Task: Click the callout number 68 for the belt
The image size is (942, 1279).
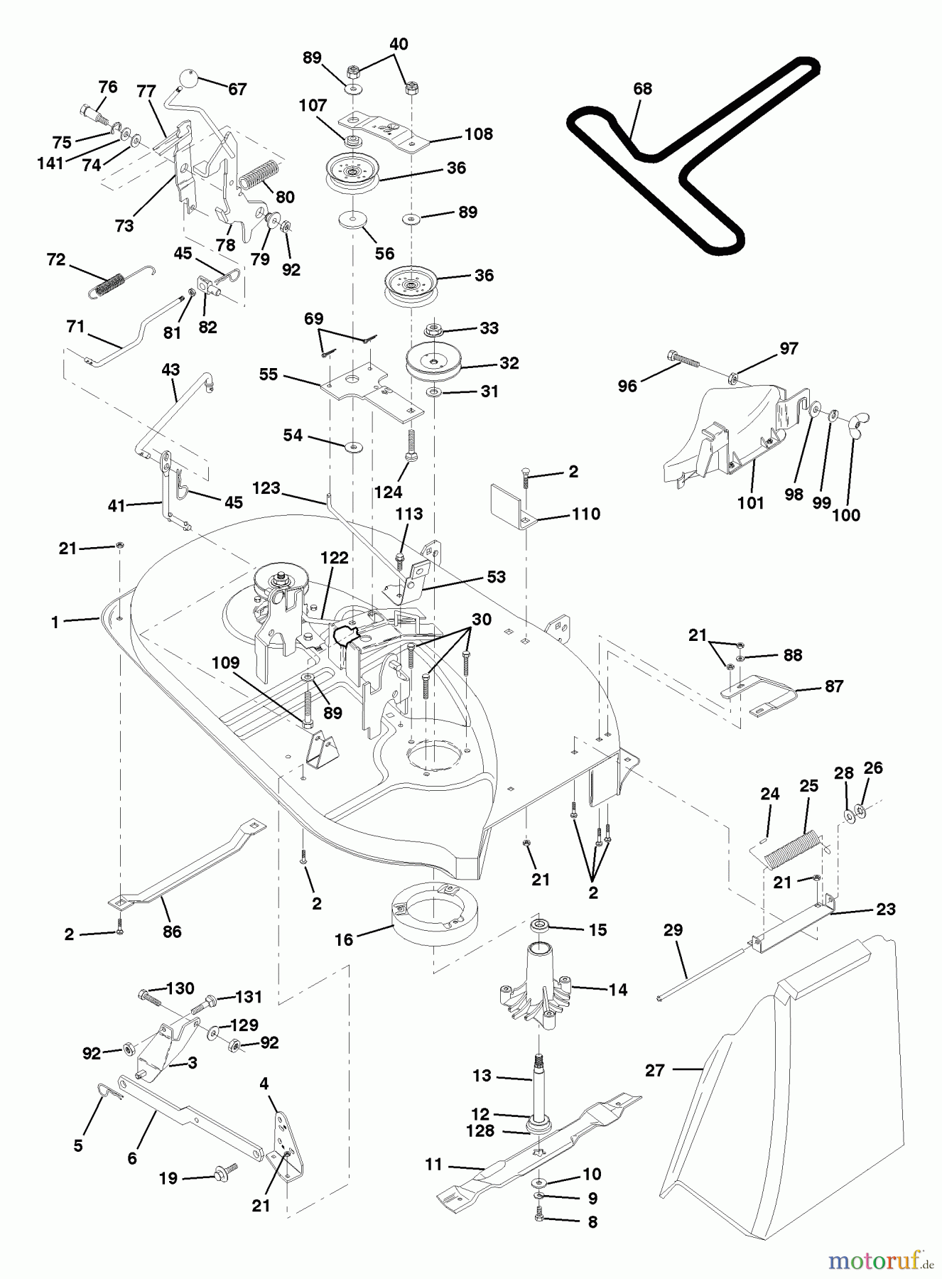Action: (x=642, y=89)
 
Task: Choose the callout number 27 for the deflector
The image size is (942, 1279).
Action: (x=654, y=1070)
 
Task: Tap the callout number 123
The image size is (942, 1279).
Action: (x=266, y=488)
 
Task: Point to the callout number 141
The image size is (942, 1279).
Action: (x=51, y=163)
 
